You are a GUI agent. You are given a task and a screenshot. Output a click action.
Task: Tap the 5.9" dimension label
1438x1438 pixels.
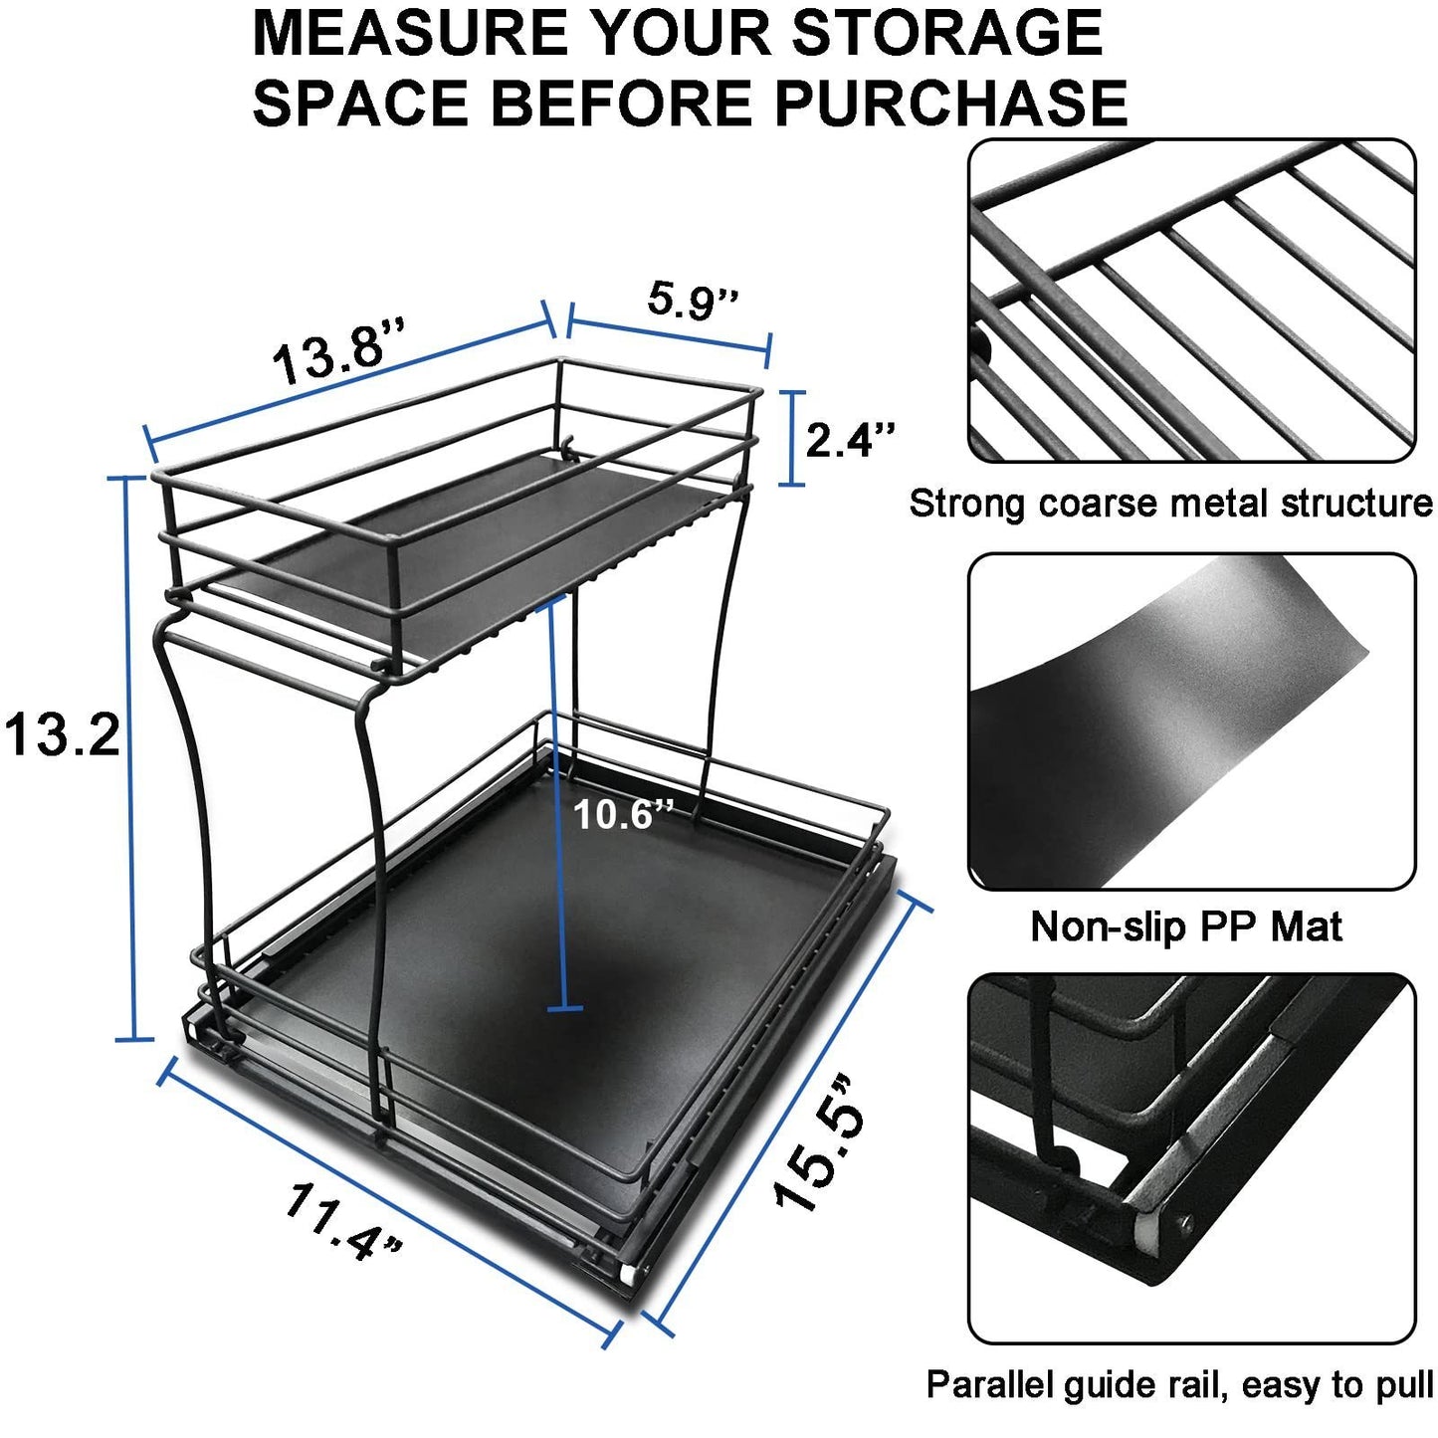point(693,300)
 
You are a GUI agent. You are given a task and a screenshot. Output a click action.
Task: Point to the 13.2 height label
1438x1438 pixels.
point(62,736)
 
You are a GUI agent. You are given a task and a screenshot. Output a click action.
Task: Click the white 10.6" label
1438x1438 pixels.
point(624,815)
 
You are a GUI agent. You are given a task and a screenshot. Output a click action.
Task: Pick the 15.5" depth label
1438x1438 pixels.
point(819,1143)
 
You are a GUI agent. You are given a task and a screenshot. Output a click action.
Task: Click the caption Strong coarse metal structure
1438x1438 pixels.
point(1170,504)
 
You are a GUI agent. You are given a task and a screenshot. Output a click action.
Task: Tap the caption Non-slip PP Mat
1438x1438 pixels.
point(1186,926)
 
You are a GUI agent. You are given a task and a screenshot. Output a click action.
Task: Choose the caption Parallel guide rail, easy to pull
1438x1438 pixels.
point(1179,1384)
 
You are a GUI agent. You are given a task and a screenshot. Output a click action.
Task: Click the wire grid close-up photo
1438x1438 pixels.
point(1191,301)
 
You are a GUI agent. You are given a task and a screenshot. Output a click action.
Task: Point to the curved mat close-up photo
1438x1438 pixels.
point(1191,721)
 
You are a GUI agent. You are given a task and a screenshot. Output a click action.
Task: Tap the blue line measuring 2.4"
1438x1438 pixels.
point(791,439)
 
